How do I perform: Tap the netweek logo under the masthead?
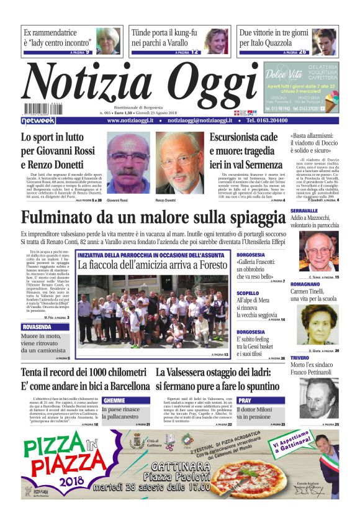(38, 121)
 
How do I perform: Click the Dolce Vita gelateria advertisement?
(301, 87)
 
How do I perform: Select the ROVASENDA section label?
(37, 326)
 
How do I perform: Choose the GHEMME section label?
(114, 401)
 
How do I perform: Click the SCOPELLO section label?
(248, 293)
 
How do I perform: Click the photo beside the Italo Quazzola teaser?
(323, 41)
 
